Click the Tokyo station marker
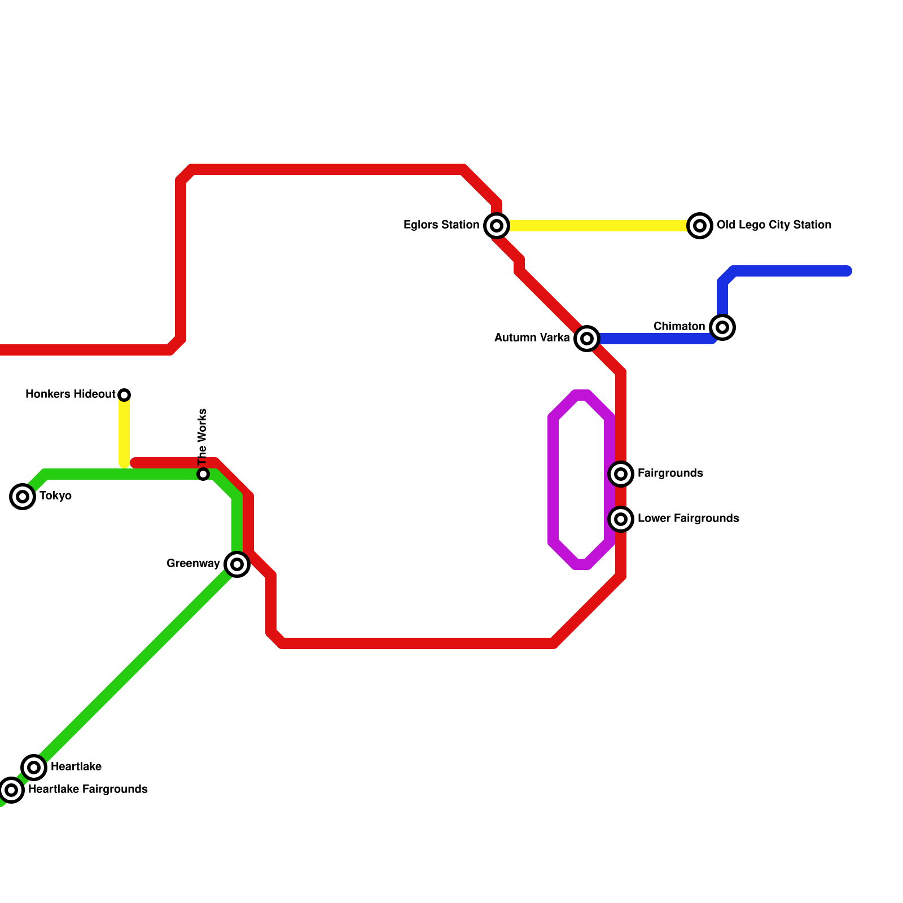[23, 497]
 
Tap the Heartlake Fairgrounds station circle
[11, 790]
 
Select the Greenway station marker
[237, 564]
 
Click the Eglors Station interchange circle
[497, 226]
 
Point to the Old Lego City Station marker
[700, 226]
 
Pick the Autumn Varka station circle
[587, 339]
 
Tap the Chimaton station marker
[722, 327]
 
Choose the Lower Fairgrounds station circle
[621, 519]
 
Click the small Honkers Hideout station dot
[124, 394]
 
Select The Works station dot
[203, 474]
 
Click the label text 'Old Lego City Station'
[774, 225]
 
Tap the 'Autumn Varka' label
[532, 338]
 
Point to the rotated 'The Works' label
[203, 436]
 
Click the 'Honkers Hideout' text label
[70, 394]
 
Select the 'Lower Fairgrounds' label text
[688, 519]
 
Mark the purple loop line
[553, 480]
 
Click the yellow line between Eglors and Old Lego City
[598, 226]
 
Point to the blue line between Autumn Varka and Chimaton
[655, 339]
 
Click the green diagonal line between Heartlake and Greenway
[135, 666]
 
